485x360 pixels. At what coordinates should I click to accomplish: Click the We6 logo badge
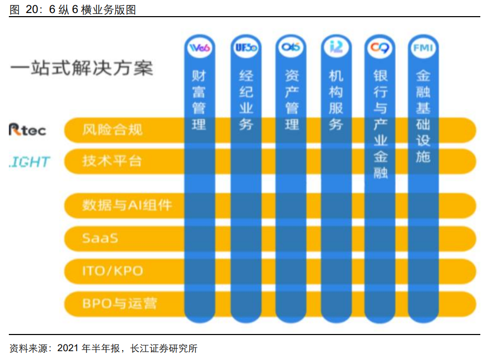(200, 48)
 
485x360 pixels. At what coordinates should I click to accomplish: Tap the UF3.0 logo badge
(246, 48)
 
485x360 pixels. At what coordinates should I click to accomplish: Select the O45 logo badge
(292, 48)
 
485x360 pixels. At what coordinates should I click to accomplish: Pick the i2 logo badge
(336, 48)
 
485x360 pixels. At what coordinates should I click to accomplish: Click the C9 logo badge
(380, 48)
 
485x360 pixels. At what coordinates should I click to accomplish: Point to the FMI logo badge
(423, 48)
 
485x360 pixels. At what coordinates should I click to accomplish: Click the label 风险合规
(112, 130)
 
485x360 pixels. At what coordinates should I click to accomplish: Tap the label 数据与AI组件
(127, 205)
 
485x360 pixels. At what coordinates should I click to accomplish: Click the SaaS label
(100, 238)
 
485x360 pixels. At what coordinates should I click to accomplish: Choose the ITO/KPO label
(112, 271)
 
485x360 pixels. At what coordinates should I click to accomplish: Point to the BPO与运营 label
(119, 303)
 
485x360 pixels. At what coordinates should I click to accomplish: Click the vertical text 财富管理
(199, 100)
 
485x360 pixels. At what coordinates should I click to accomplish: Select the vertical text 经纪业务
(246, 100)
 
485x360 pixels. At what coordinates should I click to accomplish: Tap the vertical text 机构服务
(336, 100)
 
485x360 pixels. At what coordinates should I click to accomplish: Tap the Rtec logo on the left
(28, 130)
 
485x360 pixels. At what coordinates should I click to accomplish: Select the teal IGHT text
(30, 161)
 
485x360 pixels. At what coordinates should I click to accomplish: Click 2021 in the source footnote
(68, 348)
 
